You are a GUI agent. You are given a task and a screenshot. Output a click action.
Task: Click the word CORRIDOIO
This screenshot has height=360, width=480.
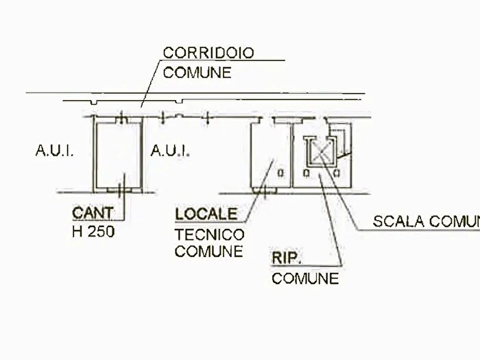click(x=208, y=53)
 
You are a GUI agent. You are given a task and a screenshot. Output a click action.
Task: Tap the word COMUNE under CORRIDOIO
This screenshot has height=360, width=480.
click(x=197, y=73)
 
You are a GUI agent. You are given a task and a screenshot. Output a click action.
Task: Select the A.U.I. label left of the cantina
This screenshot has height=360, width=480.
click(x=54, y=150)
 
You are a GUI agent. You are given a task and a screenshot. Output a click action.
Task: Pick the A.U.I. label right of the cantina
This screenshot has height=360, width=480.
click(x=170, y=151)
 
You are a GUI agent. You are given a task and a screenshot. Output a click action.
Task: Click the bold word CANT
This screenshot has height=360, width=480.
click(x=93, y=213)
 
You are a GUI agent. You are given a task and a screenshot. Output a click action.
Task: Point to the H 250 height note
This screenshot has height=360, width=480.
click(x=93, y=232)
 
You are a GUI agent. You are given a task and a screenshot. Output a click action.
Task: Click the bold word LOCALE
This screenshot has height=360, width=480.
click(x=206, y=214)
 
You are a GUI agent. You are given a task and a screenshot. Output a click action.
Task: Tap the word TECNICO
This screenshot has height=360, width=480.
click(x=210, y=235)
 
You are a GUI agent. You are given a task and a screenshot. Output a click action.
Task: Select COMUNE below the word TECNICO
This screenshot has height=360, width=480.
click(x=209, y=252)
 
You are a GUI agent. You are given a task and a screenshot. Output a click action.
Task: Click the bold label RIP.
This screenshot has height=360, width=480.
click(x=287, y=258)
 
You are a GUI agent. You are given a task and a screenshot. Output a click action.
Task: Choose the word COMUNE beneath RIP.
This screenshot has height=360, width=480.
click(x=305, y=278)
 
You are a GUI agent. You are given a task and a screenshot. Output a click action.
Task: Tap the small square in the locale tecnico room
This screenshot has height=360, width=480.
click(x=280, y=173)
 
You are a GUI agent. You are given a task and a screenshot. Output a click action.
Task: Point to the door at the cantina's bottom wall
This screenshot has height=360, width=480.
click(x=120, y=190)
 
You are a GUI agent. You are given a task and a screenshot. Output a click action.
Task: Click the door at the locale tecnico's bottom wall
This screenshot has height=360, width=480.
click(x=265, y=191)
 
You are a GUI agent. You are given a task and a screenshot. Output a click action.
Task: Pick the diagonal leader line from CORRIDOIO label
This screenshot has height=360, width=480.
click(x=150, y=84)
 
